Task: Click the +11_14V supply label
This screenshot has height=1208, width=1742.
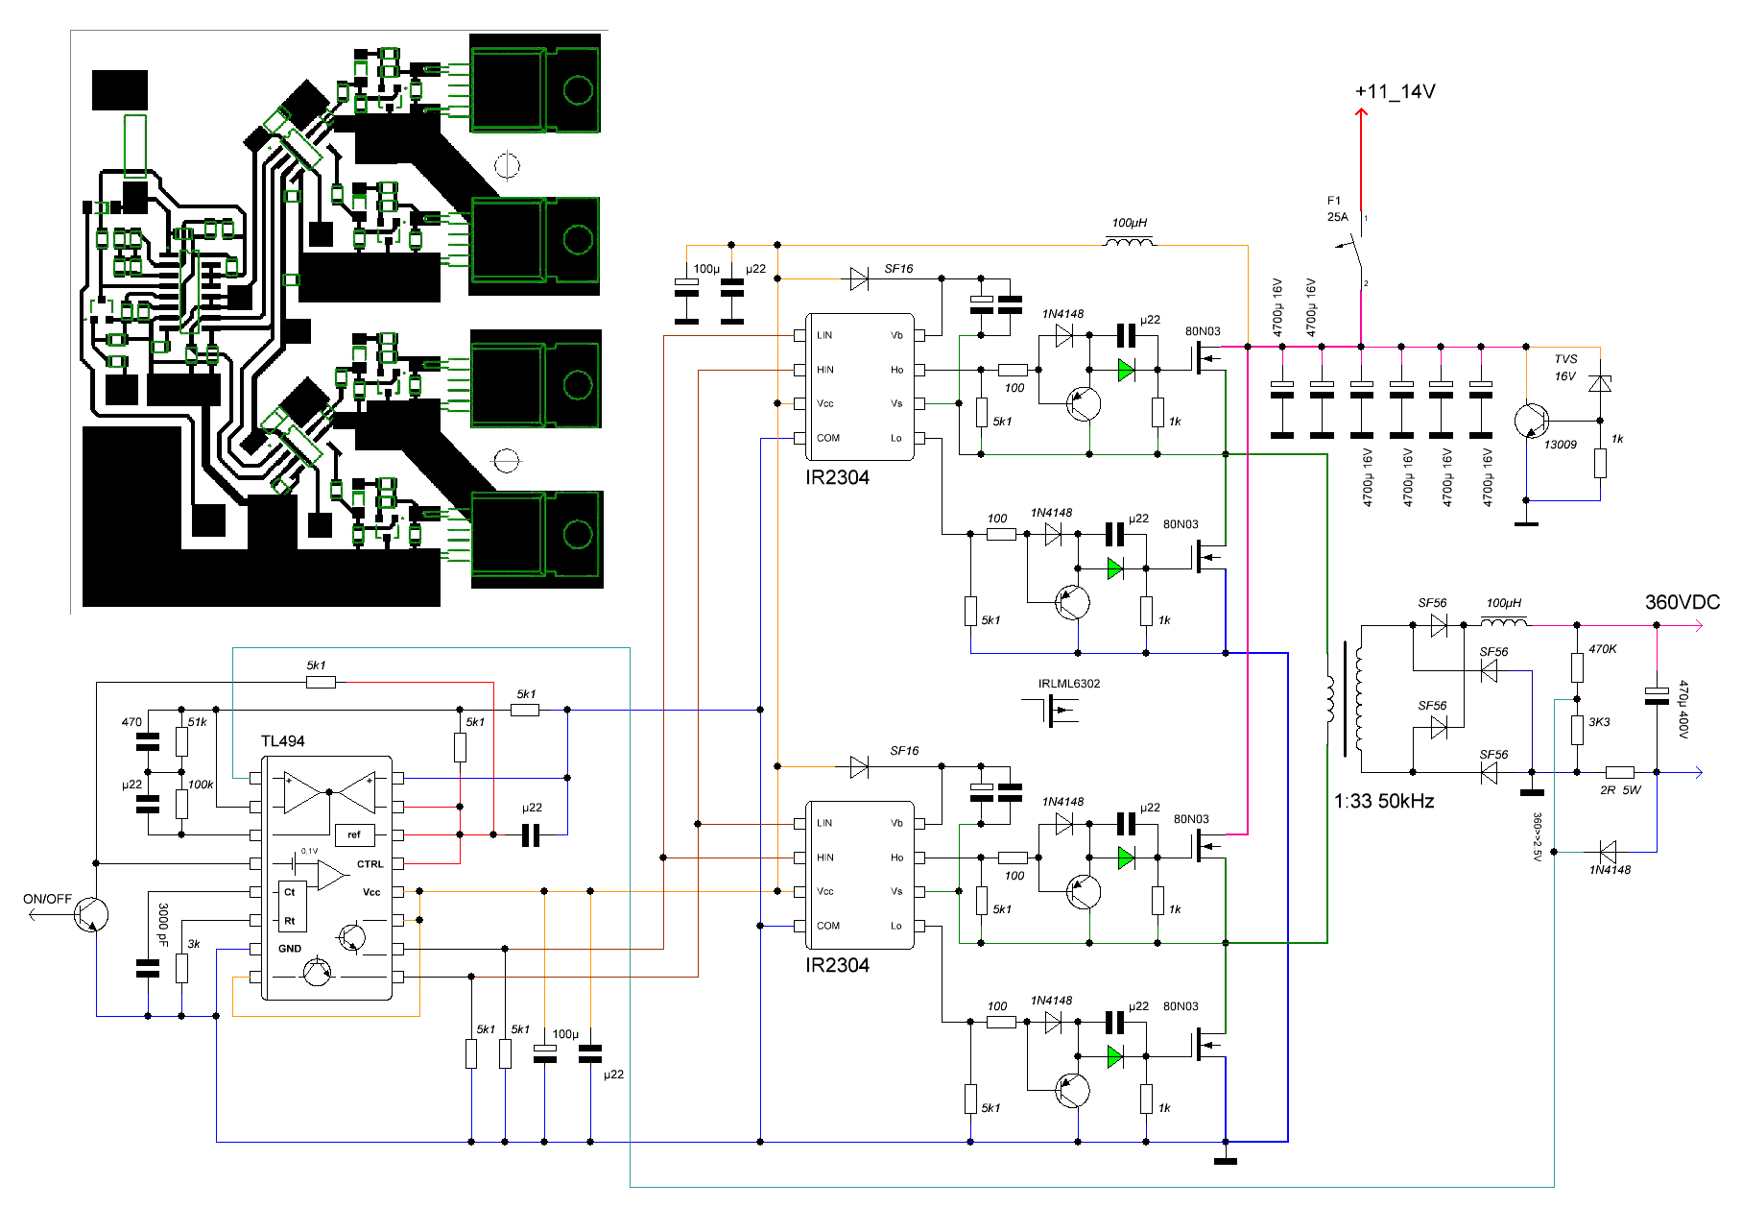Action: click(x=1395, y=92)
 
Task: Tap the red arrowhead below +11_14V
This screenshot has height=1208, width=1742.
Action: click(x=1361, y=113)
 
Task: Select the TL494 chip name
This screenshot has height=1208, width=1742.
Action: click(x=283, y=741)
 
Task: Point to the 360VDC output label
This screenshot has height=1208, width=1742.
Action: click(x=1682, y=602)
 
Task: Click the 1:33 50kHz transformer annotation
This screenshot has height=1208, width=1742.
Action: click(x=1384, y=801)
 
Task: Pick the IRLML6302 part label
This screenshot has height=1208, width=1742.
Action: click(x=1069, y=684)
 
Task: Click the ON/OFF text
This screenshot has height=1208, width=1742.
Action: click(x=47, y=899)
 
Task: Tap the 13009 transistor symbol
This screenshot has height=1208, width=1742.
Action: click(x=1532, y=421)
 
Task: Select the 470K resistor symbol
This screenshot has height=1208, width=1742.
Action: click(x=1577, y=666)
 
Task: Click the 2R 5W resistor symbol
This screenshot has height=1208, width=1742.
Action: click(x=1620, y=772)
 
